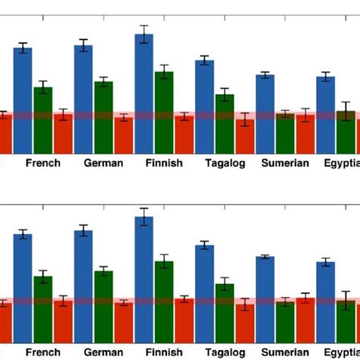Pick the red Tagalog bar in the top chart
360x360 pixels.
pyautogui.click(x=245, y=135)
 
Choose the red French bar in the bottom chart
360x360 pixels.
pyautogui.click(x=63, y=318)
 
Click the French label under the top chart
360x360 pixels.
pyautogui.click(x=43, y=163)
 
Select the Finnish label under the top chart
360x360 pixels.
pyautogui.click(x=164, y=163)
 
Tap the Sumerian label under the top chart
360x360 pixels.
pyautogui.click(x=285, y=163)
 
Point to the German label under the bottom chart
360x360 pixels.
pyautogui.click(x=103, y=352)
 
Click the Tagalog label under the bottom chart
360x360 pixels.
pyautogui.click(x=225, y=352)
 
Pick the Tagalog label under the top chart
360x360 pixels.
pyautogui.click(x=225, y=163)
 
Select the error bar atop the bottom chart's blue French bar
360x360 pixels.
pyautogui.click(x=23, y=234)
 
